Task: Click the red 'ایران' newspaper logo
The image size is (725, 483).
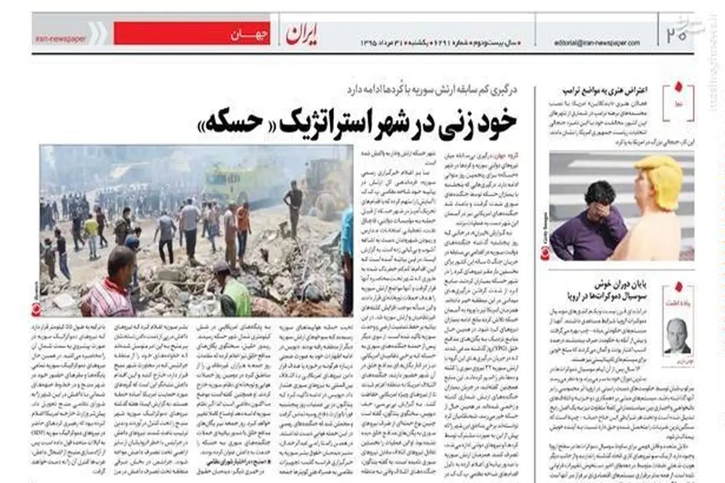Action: (x=303, y=34)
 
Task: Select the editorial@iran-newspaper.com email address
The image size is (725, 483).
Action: (x=597, y=43)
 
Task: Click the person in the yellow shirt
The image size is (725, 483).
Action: (x=91, y=232)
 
